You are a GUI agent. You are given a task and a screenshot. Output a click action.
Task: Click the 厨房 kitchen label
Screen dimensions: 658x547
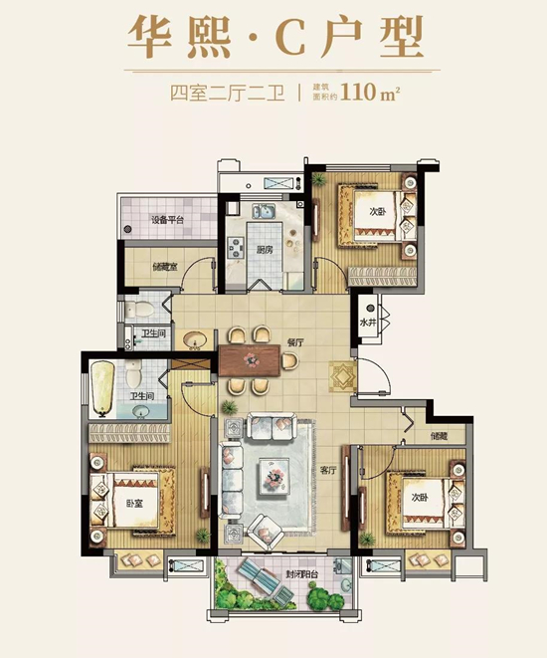tap(265, 250)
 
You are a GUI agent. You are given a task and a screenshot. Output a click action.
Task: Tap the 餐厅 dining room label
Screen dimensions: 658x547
tap(295, 341)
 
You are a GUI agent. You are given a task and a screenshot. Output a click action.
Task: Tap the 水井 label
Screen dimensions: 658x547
tap(369, 323)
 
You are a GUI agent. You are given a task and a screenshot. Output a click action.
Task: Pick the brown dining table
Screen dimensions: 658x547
tap(252, 360)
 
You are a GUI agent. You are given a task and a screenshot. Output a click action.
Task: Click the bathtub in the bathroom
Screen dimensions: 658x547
tap(103, 385)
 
